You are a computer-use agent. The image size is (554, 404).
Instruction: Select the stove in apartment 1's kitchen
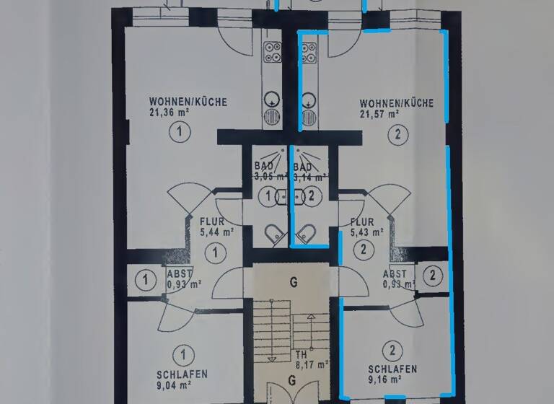point(273,51)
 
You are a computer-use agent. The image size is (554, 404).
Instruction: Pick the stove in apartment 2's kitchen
point(309,51)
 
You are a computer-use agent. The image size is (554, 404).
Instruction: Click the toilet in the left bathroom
point(274,232)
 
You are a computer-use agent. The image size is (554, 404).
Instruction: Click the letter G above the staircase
point(294,283)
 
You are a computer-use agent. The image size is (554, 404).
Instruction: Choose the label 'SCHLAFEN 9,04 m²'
point(182,379)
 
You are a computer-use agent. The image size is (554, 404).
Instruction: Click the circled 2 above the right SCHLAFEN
point(392,351)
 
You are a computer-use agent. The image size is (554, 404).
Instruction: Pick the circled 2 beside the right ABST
point(432,274)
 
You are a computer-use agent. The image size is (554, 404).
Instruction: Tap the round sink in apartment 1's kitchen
point(272,99)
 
